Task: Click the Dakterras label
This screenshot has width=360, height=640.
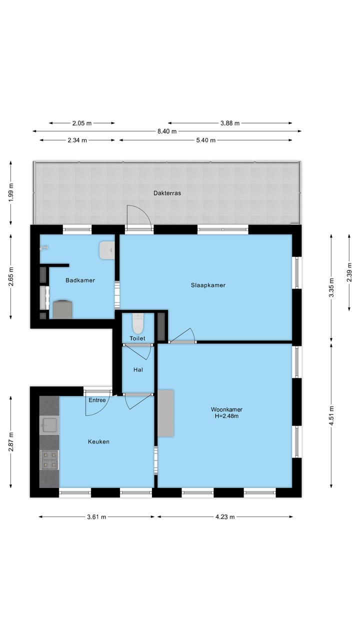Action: [x=167, y=192]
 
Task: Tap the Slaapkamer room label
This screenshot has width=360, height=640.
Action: [x=208, y=285]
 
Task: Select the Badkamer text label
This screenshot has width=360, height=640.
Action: [x=80, y=280]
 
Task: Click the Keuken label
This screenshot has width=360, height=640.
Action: [x=98, y=441]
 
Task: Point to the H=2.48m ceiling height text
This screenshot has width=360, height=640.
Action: [x=226, y=416]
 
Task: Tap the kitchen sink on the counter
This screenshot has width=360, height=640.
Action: [x=49, y=425]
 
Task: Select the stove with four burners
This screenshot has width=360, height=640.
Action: [x=49, y=459]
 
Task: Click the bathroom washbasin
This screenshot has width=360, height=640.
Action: [x=107, y=250]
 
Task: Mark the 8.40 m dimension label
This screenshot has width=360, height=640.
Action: [x=167, y=131]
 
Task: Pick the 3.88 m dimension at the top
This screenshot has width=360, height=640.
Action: [x=230, y=123]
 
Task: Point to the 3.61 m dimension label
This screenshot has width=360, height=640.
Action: [x=96, y=517]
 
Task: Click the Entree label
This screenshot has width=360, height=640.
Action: [x=97, y=400]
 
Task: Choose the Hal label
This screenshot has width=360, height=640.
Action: [x=138, y=370]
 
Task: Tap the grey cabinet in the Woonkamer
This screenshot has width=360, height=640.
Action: [x=166, y=413]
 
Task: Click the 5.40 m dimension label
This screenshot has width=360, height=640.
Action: [x=205, y=140]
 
